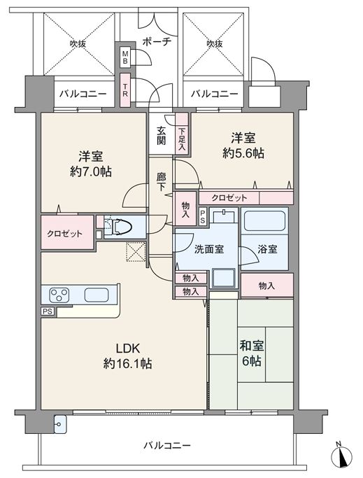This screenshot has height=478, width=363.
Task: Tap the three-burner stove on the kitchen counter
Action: pyautogui.click(x=59, y=295)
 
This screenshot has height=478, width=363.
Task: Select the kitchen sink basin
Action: pyautogui.click(x=97, y=295)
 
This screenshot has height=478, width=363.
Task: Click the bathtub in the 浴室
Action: pyautogui.click(x=264, y=220)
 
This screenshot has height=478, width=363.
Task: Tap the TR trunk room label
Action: pyautogui.click(x=125, y=90)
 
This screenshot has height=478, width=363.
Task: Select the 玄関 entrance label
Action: pyautogui.click(x=162, y=136)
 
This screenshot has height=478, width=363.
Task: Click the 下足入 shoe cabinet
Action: pyautogui.click(x=182, y=133)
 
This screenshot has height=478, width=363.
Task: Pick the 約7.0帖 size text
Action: pyautogui.click(x=91, y=172)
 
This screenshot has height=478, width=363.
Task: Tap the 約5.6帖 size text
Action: pyautogui.click(x=243, y=153)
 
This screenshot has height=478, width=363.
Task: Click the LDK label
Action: pyautogui.click(x=128, y=348)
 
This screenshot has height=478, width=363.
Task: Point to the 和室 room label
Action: pyautogui.click(x=252, y=346)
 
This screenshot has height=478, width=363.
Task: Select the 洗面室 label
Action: pyautogui.click(x=209, y=249)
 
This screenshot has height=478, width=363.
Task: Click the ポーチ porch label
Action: pyautogui.click(x=157, y=41)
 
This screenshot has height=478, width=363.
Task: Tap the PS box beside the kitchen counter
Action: pyautogui.click(x=48, y=311)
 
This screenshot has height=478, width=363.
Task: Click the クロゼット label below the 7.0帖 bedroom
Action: pyautogui.click(x=64, y=234)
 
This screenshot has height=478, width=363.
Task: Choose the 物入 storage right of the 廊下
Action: pyautogui.click(x=185, y=209)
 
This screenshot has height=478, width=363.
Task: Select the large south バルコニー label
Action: pyautogui.click(x=167, y=446)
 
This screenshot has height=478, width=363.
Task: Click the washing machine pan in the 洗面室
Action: pyautogui.click(x=224, y=277)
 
